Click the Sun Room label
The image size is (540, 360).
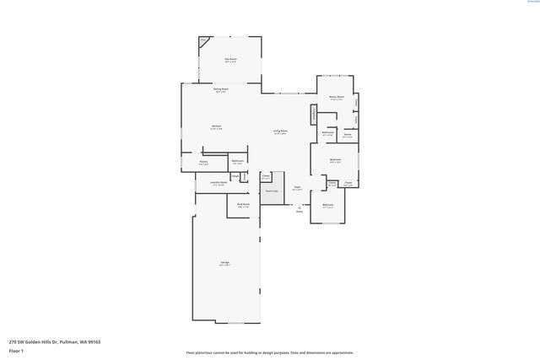(230, 60)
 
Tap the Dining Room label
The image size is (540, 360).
(221, 90)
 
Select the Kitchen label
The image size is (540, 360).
(216, 127)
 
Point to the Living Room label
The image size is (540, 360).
(279, 132)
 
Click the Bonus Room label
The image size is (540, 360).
(336, 97)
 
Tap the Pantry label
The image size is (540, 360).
(203, 162)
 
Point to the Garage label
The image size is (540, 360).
(225, 265)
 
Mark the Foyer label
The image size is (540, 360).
(297, 188)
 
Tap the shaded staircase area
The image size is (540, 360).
(271, 191)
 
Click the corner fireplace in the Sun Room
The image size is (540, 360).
(203, 40)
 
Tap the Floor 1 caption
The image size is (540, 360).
(16, 351)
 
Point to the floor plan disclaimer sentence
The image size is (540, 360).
(269, 352)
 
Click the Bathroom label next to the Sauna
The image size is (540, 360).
(327, 133)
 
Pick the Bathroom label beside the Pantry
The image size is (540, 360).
(238, 162)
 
